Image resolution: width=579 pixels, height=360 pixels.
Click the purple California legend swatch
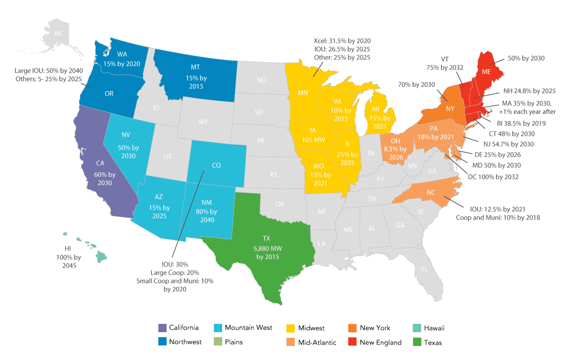(x=162, y=328)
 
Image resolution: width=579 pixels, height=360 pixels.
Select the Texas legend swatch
(x=417, y=342)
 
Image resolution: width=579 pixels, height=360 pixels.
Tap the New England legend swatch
(x=352, y=342)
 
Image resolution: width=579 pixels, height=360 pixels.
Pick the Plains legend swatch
(x=218, y=342)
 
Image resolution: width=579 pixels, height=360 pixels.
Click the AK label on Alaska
(x=58, y=34)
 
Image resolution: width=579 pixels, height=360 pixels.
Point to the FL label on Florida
(x=425, y=270)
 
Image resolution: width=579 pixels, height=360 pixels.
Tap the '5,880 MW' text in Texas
(x=268, y=248)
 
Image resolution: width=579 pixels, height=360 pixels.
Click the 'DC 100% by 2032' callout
(x=493, y=177)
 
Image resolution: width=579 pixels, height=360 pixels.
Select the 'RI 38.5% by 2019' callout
(x=521, y=123)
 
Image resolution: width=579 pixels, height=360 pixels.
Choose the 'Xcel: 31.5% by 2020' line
(x=342, y=41)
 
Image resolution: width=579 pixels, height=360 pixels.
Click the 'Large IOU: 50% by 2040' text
(x=49, y=70)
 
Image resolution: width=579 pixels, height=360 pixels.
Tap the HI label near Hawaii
(x=68, y=248)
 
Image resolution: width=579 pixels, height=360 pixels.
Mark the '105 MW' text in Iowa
(x=313, y=140)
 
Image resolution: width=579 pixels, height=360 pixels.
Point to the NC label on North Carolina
(x=431, y=193)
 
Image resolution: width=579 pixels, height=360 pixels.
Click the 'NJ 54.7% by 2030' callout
(x=509, y=144)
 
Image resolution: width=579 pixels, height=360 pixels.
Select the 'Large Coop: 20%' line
(x=175, y=273)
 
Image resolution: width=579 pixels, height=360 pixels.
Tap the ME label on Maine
(x=486, y=72)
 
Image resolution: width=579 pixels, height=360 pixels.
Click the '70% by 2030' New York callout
(x=416, y=85)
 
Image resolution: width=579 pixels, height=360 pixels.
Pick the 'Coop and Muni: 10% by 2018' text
(x=498, y=218)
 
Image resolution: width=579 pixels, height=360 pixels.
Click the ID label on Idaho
(x=156, y=108)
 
